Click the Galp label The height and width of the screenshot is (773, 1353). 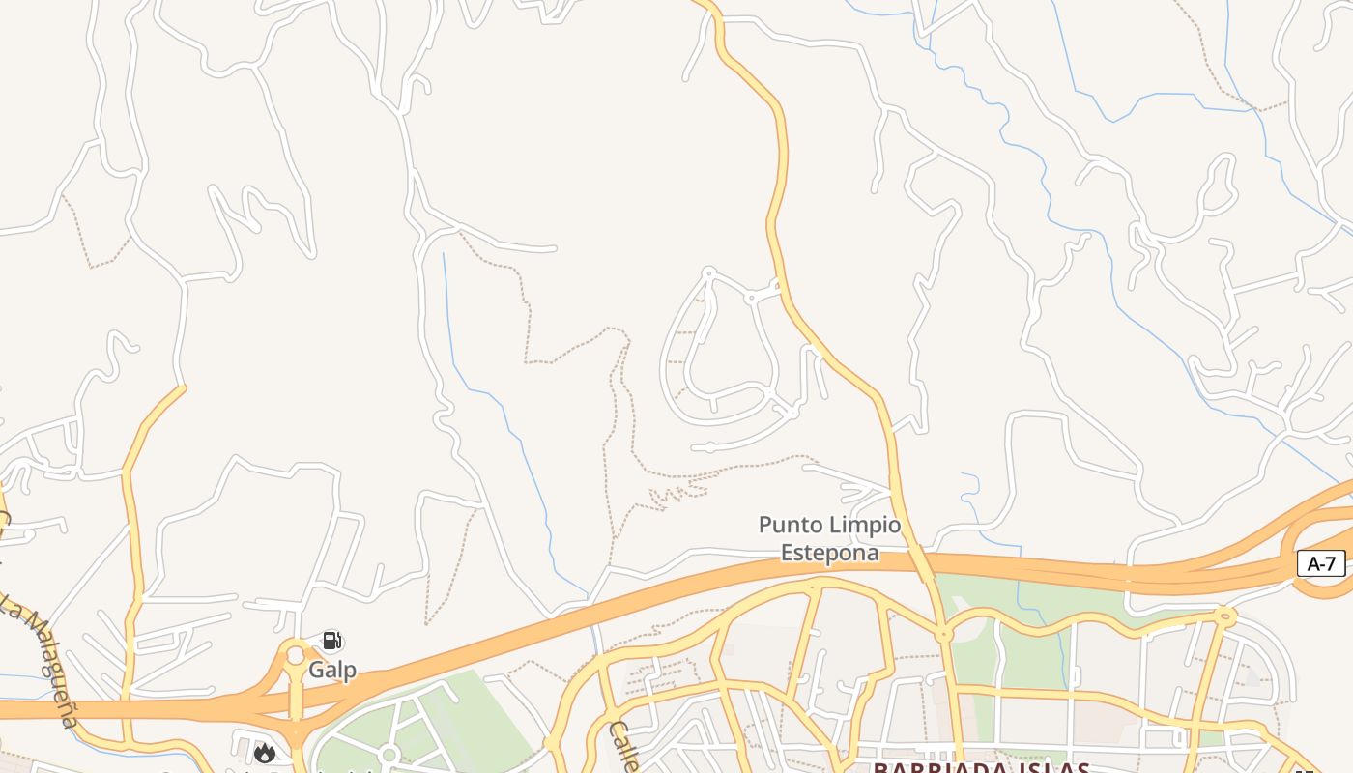(x=332, y=670)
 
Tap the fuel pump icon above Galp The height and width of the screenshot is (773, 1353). (x=331, y=641)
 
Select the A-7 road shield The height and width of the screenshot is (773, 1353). (x=1320, y=563)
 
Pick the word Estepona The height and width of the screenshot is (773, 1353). (x=830, y=553)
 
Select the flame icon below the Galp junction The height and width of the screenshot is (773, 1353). (x=264, y=753)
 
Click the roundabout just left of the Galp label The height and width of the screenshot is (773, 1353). (x=295, y=656)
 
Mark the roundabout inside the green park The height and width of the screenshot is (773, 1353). (x=389, y=755)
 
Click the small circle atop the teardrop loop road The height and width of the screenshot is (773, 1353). (x=708, y=273)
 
